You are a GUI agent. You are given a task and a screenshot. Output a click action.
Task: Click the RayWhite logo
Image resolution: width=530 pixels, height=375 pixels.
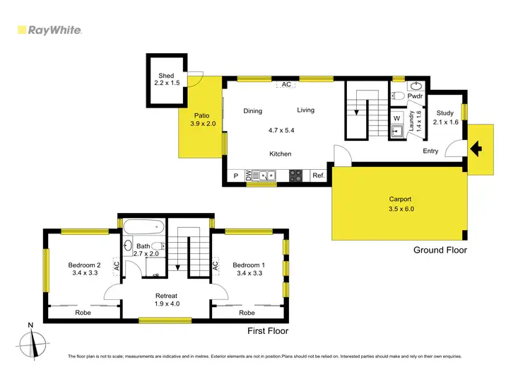point(49,30)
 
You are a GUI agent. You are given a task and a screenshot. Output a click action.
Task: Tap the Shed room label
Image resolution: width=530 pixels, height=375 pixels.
point(166,76)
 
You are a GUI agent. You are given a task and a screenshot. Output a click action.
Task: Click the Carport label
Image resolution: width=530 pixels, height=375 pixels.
point(400,200)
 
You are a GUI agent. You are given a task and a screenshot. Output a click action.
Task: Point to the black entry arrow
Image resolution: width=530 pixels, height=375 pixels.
point(477,149)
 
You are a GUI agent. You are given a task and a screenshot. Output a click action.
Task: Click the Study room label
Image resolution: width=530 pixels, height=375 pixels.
point(444,113)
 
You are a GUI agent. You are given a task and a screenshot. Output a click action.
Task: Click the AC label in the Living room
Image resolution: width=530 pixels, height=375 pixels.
point(286,84)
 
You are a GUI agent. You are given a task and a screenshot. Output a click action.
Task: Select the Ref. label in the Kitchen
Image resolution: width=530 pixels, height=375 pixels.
point(318,176)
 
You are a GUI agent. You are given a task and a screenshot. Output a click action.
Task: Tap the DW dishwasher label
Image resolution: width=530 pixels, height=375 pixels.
point(247,176)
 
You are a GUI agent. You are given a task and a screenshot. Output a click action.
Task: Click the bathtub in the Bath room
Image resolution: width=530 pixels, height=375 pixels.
point(144,229)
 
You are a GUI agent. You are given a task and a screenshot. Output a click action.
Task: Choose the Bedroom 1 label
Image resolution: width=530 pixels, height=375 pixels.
point(251,265)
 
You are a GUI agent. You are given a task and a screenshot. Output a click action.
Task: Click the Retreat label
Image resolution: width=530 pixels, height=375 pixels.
point(167,296)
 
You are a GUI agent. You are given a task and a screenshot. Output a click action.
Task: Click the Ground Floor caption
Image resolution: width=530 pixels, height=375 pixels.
point(440,250)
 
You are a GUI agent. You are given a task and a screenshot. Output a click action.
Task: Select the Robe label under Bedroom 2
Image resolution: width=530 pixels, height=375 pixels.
point(83,312)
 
